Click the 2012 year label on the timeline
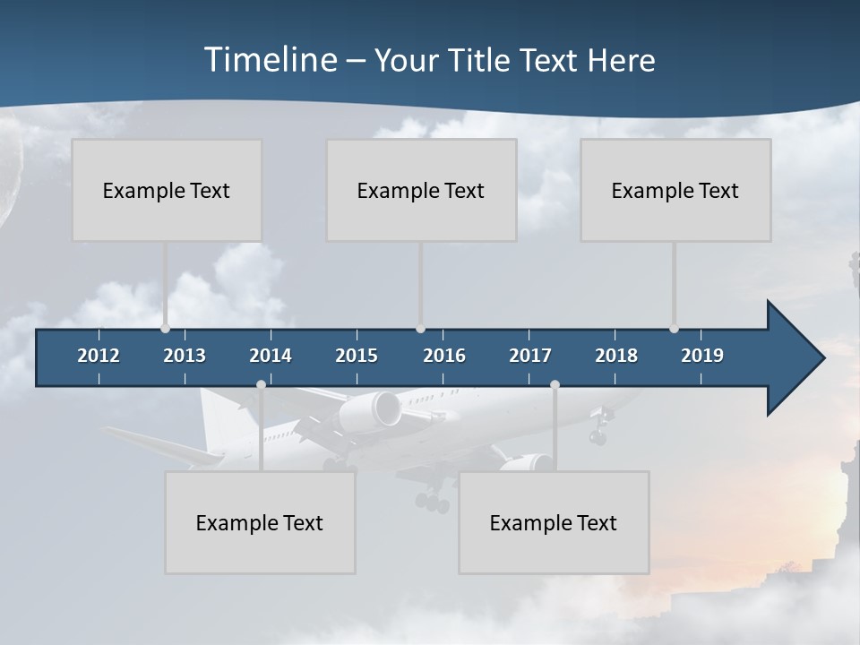point(99,356)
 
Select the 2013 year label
point(185,356)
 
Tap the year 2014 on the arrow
point(271,356)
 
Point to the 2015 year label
point(357,356)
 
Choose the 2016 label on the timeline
point(444,356)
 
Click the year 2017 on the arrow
point(530,356)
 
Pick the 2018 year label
point(616,356)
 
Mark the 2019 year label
point(702,356)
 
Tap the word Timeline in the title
point(269,60)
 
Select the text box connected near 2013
point(167,190)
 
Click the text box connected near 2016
point(421,190)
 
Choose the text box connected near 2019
point(675,190)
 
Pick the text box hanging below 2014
point(260,522)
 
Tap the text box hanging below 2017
point(554,522)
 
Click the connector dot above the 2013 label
point(165,329)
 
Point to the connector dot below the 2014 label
point(261,385)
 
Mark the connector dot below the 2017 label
point(555,385)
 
